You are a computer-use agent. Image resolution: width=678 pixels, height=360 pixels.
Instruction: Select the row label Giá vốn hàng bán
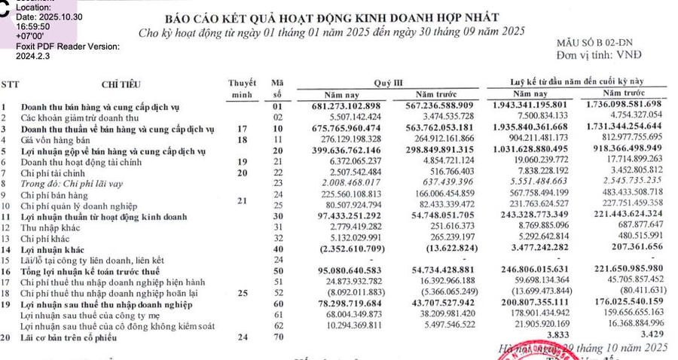56,140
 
